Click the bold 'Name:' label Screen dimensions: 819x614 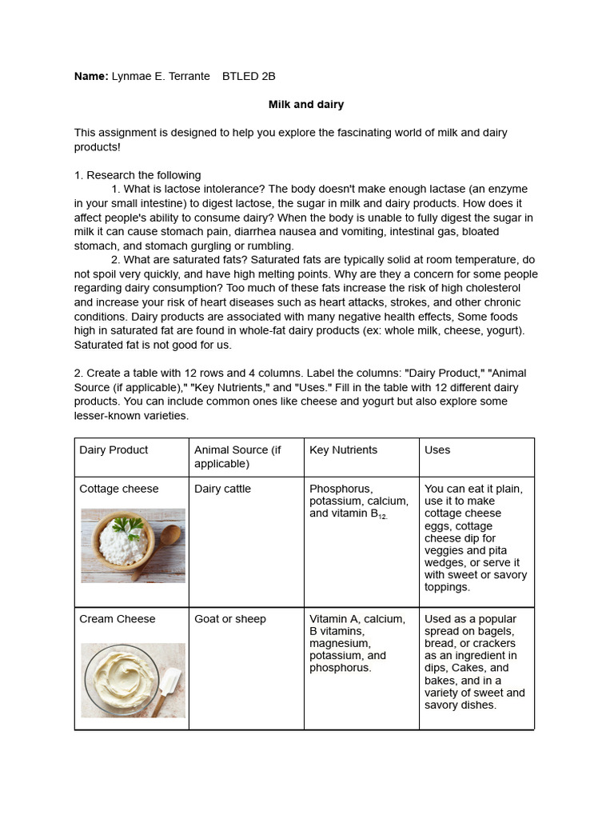click(x=91, y=76)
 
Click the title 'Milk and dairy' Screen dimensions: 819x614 click(x=306, y=105)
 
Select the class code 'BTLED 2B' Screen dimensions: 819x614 click(x=249, y=76)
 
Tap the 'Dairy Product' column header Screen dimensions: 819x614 click(x=114, y=450)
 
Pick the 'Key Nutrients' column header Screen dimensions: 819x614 click(x=343, y=450)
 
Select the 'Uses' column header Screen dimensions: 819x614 click(x=437, y=450)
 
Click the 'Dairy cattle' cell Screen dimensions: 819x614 click(x=222, y=489)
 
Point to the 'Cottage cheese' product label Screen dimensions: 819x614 click(x=119, y=489)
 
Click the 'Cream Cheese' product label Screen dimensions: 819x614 click(x=118, y=619)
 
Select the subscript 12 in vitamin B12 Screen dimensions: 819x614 click(x=382, y=517)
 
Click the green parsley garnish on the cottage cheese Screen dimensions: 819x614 click(x=127, y=526)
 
